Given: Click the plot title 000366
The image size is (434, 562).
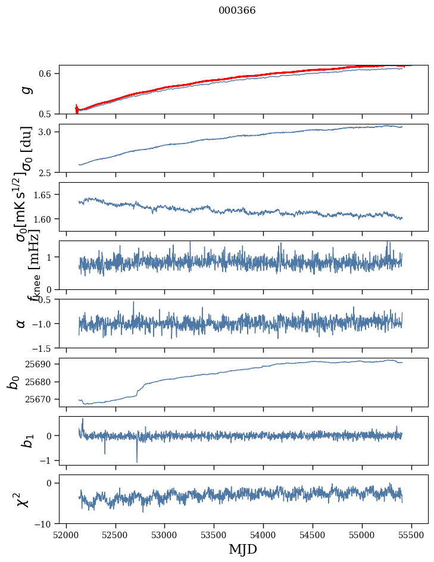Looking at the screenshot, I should pos(237,10).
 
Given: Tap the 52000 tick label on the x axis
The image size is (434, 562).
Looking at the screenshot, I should pos(66,534).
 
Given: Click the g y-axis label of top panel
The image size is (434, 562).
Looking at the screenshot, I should pos(24,90).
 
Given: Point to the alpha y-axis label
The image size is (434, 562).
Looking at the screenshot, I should pos(21,323).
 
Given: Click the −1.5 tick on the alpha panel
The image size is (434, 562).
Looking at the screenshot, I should pos(44,348).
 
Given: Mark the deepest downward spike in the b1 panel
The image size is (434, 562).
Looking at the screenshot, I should pos(137,461).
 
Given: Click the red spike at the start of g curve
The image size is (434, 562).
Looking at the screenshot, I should pos(76,108).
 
